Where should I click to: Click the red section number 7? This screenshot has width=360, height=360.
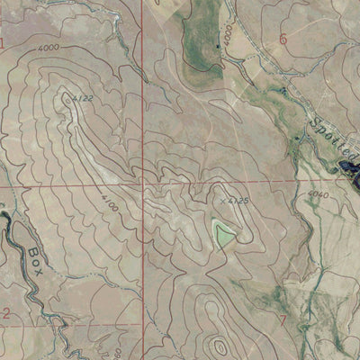[282, 319]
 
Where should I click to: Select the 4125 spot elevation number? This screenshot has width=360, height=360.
[237, 191]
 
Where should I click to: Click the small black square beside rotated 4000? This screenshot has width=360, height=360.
[218, 44]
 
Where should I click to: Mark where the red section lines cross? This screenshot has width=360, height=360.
[142, 183]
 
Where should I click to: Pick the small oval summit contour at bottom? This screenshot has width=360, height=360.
[219, 346]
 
